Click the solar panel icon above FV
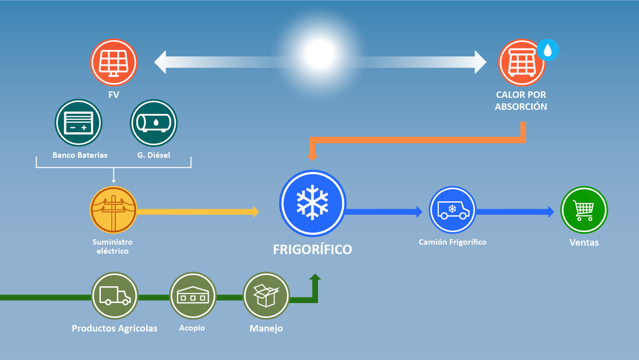[x=114, y=62]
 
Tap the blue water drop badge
[x=548, y=50]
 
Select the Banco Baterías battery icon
[x=78, y=123]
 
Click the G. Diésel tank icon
[x=153, y=123]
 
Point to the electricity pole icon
[x=113, y=210]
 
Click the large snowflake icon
[x=313, y=203]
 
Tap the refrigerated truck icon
[x=452, y=210]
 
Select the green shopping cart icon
[x=584, y=210]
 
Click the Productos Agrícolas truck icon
[x=115, y=296]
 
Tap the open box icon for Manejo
[x=266, y=296]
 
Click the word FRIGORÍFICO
[x=313, y=250]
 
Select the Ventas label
[x=584, y=243]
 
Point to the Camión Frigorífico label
[x=452, y=242]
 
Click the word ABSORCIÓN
[x=521, y=106]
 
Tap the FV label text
[x=113, y=95]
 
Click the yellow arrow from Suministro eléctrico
[x=198, y=212]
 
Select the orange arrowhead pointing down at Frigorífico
[x=313, y=157]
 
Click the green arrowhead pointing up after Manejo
[x=315, y=277]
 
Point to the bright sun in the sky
[x=319, y=54]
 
